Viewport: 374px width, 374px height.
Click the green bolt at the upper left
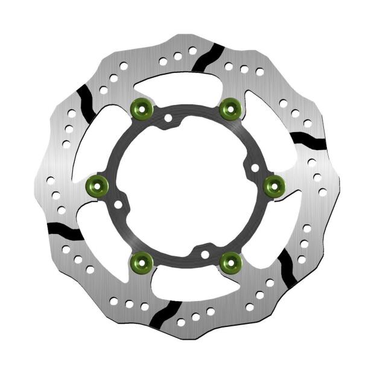(x=140, y=109)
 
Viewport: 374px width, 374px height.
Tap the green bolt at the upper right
(x=230, y=109)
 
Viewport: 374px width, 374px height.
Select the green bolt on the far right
(x=275, y=185)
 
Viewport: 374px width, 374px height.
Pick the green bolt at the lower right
(x=230, y=261)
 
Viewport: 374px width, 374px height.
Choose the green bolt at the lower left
(x=142, y=261)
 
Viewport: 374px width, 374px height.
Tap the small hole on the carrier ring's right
(x=255, y=167)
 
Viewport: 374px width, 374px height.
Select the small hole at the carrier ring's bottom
(x=205, y=254)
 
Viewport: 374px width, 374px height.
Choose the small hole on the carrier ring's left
(x=118, y=205)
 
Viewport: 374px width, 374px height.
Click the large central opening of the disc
(x=186, y=186)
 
